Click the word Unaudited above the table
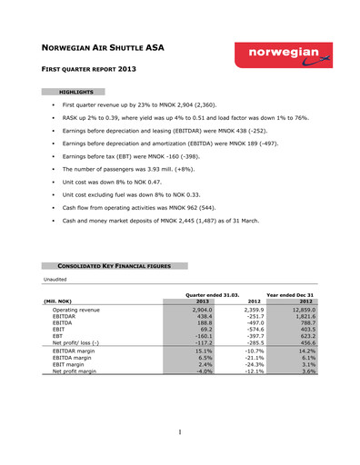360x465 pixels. pos(57,278)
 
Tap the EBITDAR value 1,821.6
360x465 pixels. pos(300,317)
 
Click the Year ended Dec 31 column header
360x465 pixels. pos(289,295)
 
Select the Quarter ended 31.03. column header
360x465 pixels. pos(212,295)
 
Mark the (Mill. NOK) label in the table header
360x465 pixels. pos(60,302)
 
